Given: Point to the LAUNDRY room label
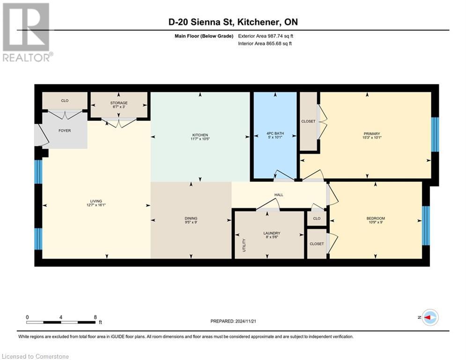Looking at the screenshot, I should [272, 233].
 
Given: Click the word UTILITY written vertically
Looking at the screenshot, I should [244, 246].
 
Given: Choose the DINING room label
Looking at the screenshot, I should [191, 218].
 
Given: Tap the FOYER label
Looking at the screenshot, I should [65, 130].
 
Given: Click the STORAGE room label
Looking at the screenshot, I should [118, 103].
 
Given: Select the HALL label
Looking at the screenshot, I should [279, 195].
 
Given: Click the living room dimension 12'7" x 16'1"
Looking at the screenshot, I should [96, 205].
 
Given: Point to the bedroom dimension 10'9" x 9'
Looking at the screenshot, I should [376, 223].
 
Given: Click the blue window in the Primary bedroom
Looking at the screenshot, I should [435, 135].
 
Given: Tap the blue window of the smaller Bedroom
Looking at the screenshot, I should [426, 225].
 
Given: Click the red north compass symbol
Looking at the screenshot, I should [429, 317].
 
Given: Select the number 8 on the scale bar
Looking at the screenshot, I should [96, 317].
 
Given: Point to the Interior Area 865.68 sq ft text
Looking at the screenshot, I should [266, 44].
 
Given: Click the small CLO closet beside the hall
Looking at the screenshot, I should [317, 218].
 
